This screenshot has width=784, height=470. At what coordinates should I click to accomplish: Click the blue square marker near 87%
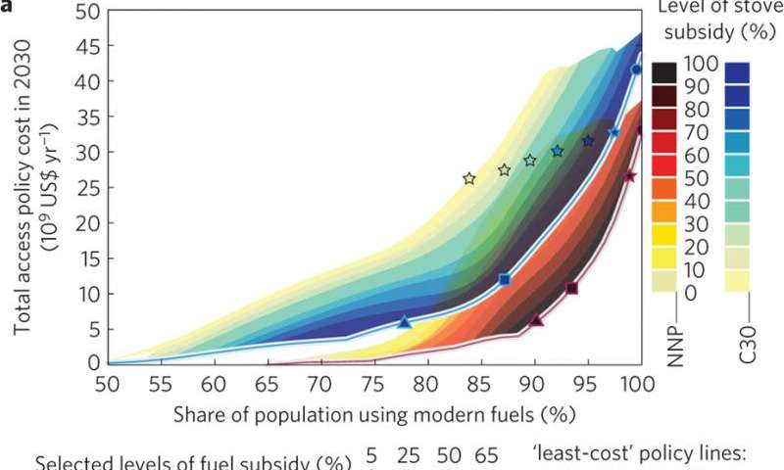click(505, 280)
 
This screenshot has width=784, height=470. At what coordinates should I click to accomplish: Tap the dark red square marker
click(572, 288)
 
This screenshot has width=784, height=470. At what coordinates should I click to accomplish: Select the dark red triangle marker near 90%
click(536, 320)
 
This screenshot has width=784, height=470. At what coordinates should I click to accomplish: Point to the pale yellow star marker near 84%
click(469, 178)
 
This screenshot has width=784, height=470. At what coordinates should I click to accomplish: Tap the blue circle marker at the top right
click(636, 70)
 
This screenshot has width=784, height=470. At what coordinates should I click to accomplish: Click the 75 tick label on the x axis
click(373, 383)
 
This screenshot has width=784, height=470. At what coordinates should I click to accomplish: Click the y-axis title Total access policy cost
click(32, 186)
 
